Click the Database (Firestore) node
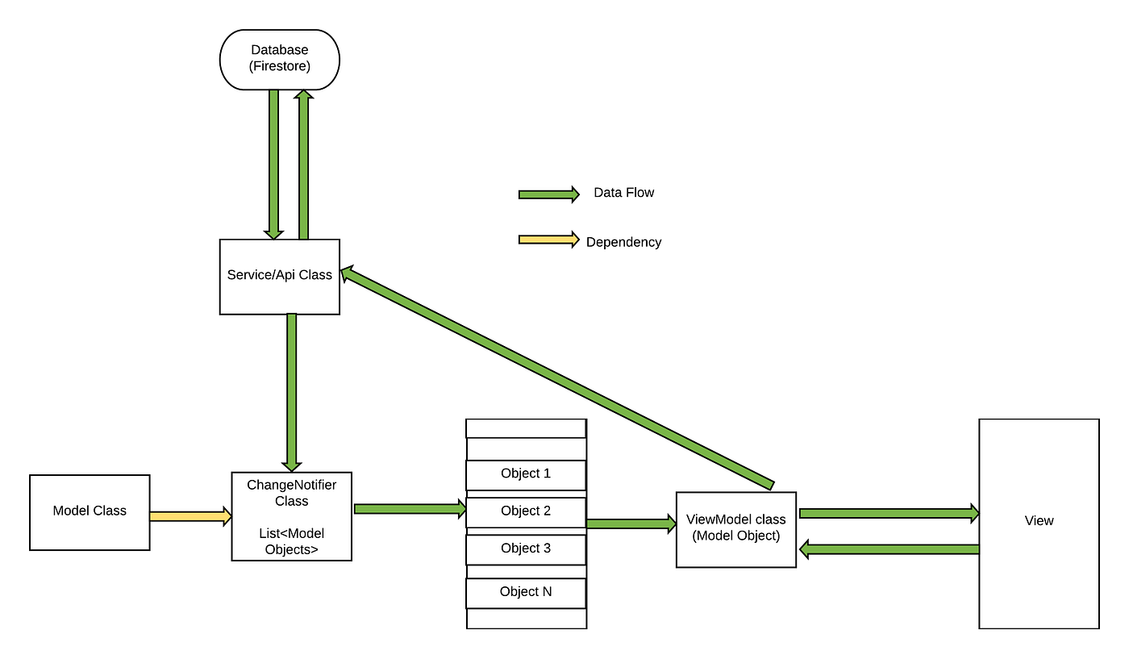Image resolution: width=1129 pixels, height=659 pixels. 280,60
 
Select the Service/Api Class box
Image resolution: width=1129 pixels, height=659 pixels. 280,276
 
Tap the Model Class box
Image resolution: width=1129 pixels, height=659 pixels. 90,512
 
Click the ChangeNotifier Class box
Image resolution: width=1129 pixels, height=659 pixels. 291,516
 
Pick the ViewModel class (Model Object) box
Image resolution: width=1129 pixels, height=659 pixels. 735,529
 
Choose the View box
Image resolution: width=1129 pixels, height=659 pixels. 1039,523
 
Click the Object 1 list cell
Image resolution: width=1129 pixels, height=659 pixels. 526,474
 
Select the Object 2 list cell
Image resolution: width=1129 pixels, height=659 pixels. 526,511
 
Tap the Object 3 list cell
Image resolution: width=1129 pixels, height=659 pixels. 526,549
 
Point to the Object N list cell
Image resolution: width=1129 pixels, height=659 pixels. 526,592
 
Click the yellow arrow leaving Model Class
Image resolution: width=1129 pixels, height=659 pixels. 190,516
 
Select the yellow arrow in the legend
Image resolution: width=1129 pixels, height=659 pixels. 548,240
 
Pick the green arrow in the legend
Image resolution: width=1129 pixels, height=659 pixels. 548,194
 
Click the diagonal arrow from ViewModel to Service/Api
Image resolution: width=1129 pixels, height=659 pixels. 556,378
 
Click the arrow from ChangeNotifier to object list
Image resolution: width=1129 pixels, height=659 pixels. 410,509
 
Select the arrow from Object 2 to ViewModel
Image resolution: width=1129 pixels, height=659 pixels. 631,524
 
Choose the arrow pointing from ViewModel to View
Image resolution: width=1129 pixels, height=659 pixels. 888,513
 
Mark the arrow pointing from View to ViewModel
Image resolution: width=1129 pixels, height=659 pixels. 888,549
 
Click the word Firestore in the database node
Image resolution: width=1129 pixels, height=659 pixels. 280,67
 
